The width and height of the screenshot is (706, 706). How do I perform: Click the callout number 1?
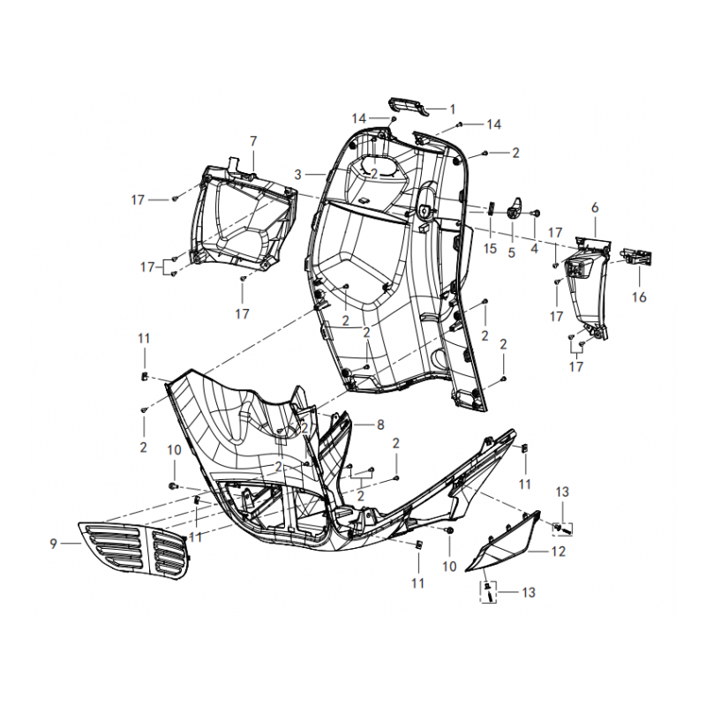[453, 109]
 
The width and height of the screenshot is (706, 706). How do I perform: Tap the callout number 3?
[297, 175]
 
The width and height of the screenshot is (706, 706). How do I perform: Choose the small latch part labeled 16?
[636, 257]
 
